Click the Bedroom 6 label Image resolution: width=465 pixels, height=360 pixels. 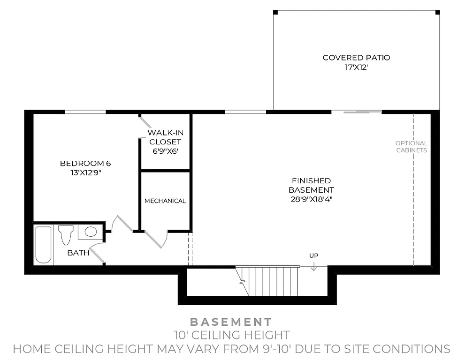[x=85, y=163]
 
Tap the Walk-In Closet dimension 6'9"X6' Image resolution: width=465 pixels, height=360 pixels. [x=165, y=151]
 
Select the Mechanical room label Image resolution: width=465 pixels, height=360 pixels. [x=165, y=201]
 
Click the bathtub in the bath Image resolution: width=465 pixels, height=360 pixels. [x=43, y=244]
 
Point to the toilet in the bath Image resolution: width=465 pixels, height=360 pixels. [x=66, y=234]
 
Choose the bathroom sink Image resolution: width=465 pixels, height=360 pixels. [x=90, y=232]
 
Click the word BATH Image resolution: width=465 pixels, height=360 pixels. [x=78, y=253]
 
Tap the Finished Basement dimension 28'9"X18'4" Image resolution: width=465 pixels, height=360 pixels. [x=311, y=199]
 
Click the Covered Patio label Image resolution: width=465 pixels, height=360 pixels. [x=356, y=58]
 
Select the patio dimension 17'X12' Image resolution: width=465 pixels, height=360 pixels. [x=356, y=67]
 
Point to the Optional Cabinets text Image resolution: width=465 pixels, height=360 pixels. [x=411, y=147]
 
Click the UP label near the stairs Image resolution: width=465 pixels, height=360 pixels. [x=313, y=255]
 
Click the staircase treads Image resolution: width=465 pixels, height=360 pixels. [x=272, y=281]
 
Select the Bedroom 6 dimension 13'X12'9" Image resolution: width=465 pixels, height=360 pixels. [x=85, y=172]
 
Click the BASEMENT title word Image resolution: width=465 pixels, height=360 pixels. [x=230, y=322]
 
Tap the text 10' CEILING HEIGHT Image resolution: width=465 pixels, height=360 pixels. [x=230, y=335]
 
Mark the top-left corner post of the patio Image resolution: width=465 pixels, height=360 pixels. [x=275, y=12]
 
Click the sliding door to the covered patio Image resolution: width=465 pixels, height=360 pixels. [x=357, y=112]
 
